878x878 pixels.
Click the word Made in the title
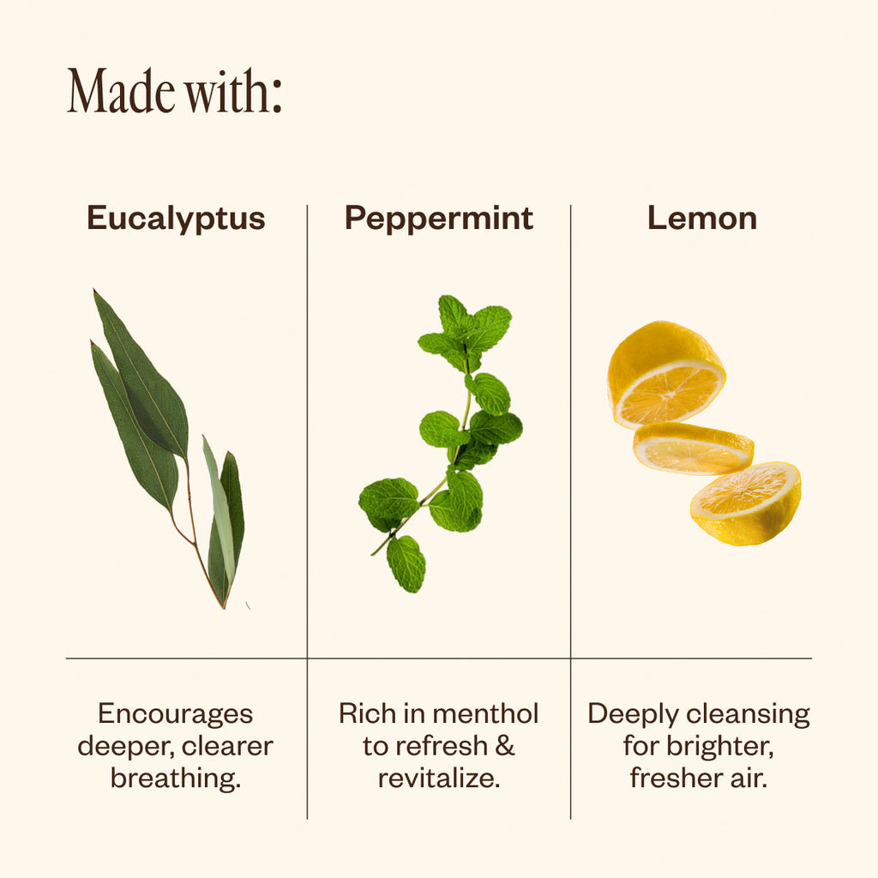click(x=121, y=91)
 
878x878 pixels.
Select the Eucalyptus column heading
click(x=176, y=219)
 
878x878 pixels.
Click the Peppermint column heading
click(x=438, y=219)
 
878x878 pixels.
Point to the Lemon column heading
click(x=702, y=219)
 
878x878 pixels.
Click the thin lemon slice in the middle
click(x=693, y=448)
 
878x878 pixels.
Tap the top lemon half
click(x=665, y=374)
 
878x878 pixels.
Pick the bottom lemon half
click(x=746, y=503)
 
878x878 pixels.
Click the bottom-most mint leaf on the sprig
click(x=406, y=563)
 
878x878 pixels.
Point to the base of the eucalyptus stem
click(x=224, y=606)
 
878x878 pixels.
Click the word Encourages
click(x=175, y=714)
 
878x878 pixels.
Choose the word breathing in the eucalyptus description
click(x=175, y=779)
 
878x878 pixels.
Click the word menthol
click(x=485, y=714)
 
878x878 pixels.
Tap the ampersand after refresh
click(x=504, y=746)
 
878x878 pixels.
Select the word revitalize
click(x=439, y=779)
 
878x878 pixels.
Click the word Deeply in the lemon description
click(x=634, y=715)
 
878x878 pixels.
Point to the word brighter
click(x=720, y=747)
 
